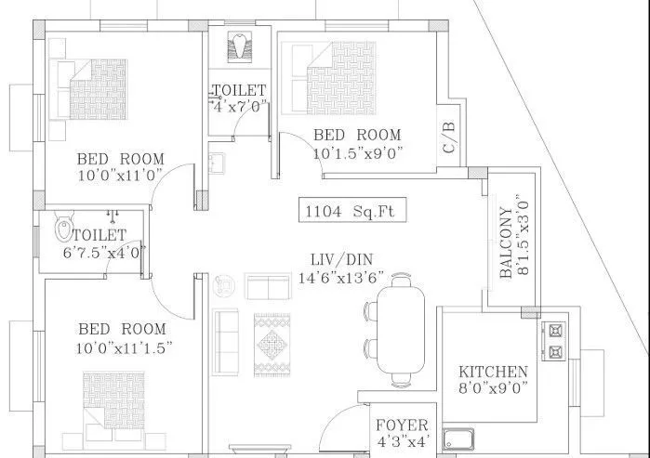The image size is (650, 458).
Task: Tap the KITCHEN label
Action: (x=493, y=372)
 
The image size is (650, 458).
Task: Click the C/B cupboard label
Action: (x=449, y=137)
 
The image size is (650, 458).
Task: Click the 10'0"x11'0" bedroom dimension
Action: (x=121, y=174)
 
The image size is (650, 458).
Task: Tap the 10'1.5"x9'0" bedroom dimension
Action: (x=358, y=151)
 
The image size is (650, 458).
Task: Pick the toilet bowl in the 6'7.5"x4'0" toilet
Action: (x=65, y=228)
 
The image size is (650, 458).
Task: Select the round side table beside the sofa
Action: (x=222, y=282)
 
